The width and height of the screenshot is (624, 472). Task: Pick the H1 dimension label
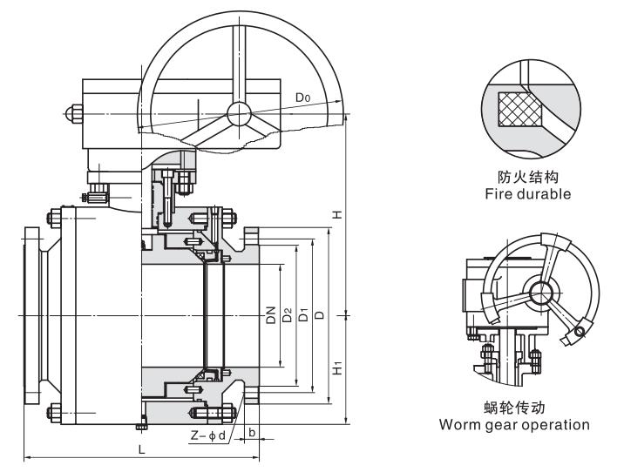pos(336,368)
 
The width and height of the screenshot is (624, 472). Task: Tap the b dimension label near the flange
pos(251,431)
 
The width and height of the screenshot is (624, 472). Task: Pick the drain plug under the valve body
pos(141,426)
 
